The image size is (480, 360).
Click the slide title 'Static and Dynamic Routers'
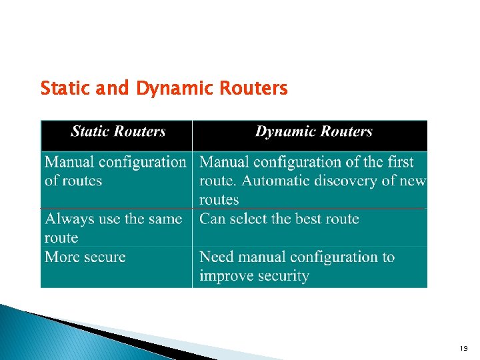[x=164, y=88]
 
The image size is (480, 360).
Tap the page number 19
[x=464, y=349]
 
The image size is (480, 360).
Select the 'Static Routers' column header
[x=118, y=131]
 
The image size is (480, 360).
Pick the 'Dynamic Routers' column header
[x=314, y=131]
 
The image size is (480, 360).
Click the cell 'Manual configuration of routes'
[x=115, y=171]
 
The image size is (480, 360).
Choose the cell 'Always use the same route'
[x=113, y=228]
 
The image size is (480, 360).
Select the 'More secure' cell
[x=85, y=257]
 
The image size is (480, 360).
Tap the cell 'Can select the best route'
[x=279, y=219]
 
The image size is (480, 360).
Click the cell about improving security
[x=297, y=267]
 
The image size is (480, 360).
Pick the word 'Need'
[x=217, y=257]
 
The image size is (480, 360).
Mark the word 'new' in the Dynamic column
[x=413, y=181]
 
